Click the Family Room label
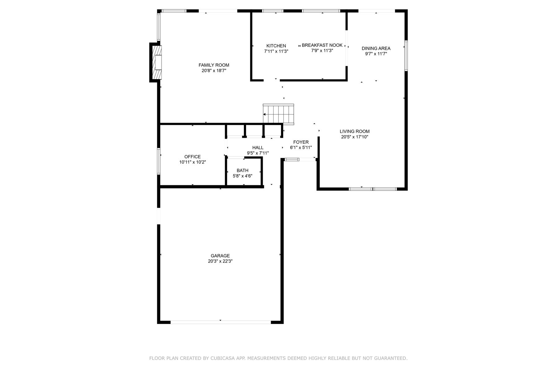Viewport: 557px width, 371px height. point(214,65)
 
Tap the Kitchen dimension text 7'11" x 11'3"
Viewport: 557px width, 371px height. point(276,51)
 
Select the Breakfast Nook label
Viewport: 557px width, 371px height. point(322,45)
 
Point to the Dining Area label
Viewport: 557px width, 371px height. point(376,48)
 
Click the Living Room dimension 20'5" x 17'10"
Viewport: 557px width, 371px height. point(355,137)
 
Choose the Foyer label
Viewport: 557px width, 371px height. point(301,142)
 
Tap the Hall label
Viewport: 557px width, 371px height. point(258,147)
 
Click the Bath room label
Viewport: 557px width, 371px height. point(243,170)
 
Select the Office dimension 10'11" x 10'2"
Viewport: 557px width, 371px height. point(192,162)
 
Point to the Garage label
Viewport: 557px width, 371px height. point(220,256)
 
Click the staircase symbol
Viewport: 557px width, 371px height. point(278,114)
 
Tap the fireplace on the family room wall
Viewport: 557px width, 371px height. point(157,62)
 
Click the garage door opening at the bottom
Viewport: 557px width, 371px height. point(221,322)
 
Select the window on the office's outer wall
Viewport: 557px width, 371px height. point(159,161)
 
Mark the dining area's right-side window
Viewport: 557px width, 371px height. point(406,56)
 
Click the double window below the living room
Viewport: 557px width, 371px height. point(373,189)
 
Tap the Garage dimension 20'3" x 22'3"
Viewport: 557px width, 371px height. point(220,261)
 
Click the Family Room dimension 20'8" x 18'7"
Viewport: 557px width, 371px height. point(214,70)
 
